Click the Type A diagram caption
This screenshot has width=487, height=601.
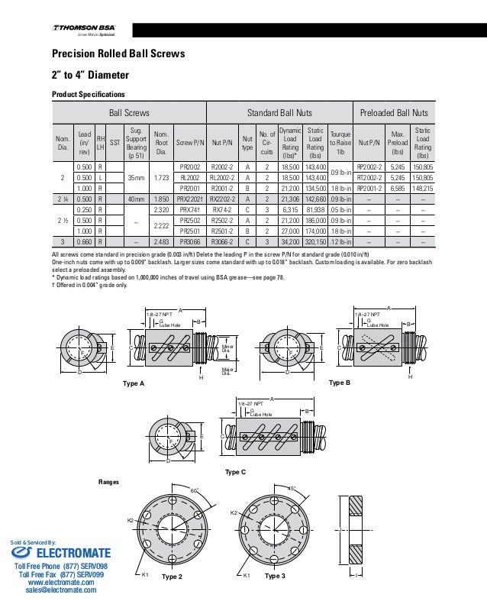134,382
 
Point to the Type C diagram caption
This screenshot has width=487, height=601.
237,471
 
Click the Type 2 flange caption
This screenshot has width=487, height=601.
173,577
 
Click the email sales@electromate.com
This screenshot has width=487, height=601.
60,590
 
